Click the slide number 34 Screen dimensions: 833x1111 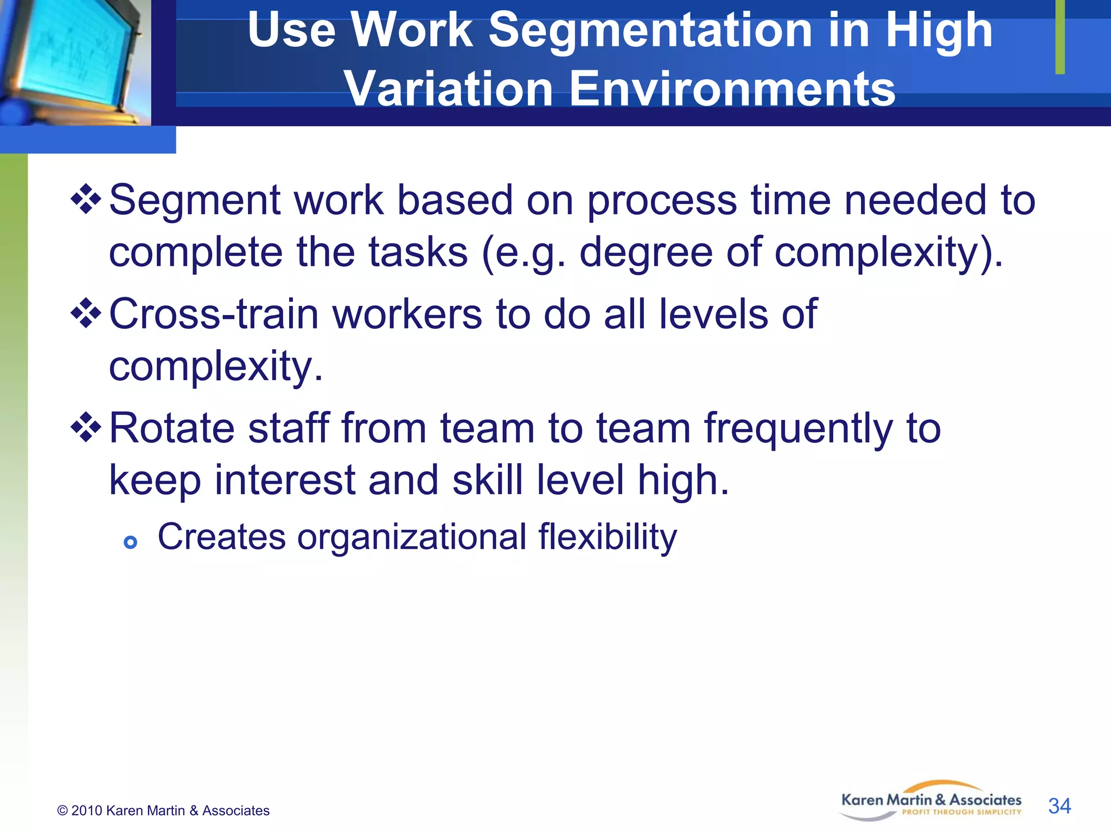click(x=1059, y=806)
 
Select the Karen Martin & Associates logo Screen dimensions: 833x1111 click(x=931, y=801)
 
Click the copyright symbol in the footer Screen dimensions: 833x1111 click(x=62, y=811)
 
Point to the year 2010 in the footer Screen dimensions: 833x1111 click(x=87, y=811)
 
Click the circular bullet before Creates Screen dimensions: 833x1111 click(x=130, y=542)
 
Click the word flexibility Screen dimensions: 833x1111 click(x=608, y=537)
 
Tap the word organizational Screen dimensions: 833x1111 click(x=412, y=537)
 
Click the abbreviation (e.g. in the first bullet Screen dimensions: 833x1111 click(x=523, y=253)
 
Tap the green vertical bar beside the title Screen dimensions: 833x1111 click(x=1059, y=37)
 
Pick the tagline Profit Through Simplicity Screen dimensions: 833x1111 click(x=961, y=812)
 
